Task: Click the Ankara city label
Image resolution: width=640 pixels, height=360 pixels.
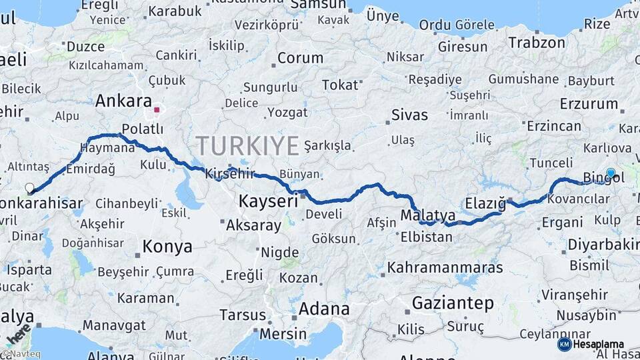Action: [123, 101]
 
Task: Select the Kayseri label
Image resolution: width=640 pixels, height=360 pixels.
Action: [268, 201]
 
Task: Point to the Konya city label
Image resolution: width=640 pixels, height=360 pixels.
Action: [167, 247]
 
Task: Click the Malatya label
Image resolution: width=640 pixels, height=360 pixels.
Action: [428, 215]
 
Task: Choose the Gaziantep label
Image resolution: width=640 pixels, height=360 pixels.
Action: [453, 303]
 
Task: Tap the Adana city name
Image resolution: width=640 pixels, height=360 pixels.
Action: [324, 309]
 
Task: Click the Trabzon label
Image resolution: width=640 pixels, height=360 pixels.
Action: [537, 43]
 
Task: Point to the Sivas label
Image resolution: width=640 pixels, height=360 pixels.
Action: [409, 115]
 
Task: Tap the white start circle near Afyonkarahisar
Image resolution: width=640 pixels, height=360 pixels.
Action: [30, 189]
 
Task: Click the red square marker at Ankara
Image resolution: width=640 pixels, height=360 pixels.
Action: [157, 110]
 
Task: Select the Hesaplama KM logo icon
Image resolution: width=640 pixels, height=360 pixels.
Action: [564, 344]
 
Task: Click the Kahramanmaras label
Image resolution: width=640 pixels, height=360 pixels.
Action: [445, 267]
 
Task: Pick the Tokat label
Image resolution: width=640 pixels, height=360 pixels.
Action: [340, 85]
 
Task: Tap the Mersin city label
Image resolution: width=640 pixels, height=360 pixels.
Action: [283, 333]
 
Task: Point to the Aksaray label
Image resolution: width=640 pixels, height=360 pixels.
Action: [254, 225]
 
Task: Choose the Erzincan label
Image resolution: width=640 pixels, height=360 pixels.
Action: [554, 126]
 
